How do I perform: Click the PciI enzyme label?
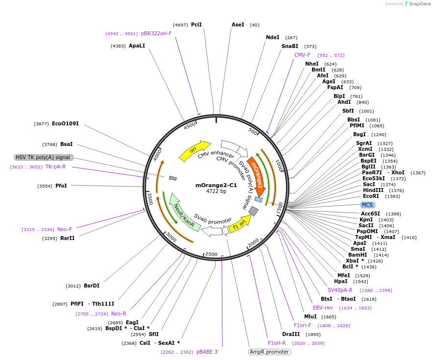tap(196, 24)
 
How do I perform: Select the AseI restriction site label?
tap(238, 24)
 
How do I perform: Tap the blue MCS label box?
tap(367, 205)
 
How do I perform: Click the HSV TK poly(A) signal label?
tap(44, 157)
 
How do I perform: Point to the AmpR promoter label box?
tap(269, 352)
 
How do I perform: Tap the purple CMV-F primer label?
tap(302, 55)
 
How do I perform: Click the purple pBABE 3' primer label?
tap(207, 352)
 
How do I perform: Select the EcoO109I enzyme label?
tap(65, 124)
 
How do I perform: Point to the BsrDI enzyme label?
tap(92, 286)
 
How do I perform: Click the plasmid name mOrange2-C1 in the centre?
tap(216, 185)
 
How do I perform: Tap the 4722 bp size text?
tap(216, 192)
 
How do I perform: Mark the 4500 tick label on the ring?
tap(190, 126)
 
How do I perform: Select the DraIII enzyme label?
tap(291, 334)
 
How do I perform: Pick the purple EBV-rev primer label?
tap(323, 308)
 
